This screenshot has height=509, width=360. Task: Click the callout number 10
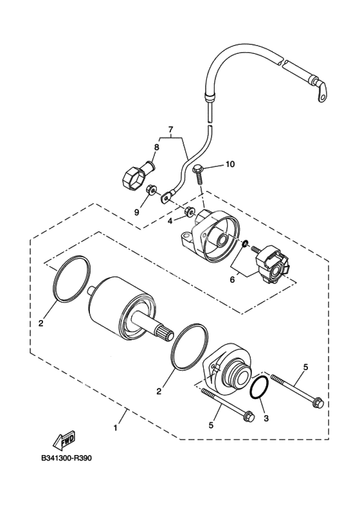click(230, 165)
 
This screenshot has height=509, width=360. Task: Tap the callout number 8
click(157, 147)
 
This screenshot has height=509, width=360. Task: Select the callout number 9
click(137, 212)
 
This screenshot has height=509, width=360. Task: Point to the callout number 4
click(170, 221)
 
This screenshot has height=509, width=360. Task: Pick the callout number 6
click(232, 280)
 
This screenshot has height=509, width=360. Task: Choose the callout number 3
click(266, 419)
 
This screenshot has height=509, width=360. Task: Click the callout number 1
click(115, 428)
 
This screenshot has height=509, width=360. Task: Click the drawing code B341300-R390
click(67, 459)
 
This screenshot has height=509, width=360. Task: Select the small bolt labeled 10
click(199, 175)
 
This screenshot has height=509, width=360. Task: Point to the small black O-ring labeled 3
click(260, 387)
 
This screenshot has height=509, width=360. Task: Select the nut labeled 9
click(150, 189)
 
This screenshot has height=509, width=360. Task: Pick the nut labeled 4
click(189, 212)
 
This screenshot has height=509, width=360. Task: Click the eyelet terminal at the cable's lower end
click(167, 197)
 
